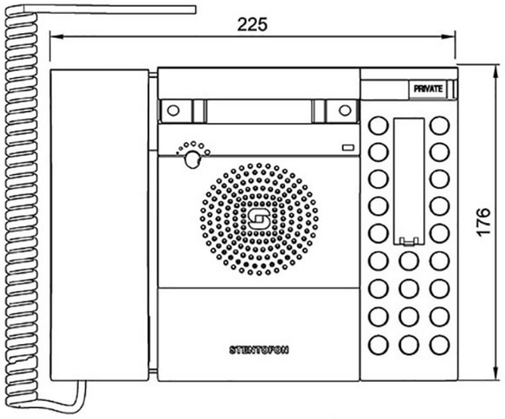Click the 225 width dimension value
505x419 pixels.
click(252, 24)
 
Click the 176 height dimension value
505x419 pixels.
click(484, 222)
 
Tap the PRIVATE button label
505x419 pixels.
click(428, 89)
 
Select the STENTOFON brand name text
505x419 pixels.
click(259, 350)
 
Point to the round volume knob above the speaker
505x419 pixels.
click(193, 159)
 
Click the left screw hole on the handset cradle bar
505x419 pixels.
click(174, 111)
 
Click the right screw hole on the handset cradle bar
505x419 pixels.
click(345, 111)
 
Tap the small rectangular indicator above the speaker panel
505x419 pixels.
click(348, 148)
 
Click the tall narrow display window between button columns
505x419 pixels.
click(409, 181)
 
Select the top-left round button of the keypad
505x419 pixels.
click(378, 126)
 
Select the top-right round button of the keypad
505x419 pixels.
click(440, 126)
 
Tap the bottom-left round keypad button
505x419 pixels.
click(378, 345)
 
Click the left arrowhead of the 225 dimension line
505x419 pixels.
click(55, 36)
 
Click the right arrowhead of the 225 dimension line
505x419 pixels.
click(449, 36)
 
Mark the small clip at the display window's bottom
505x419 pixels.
click(409, 241)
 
